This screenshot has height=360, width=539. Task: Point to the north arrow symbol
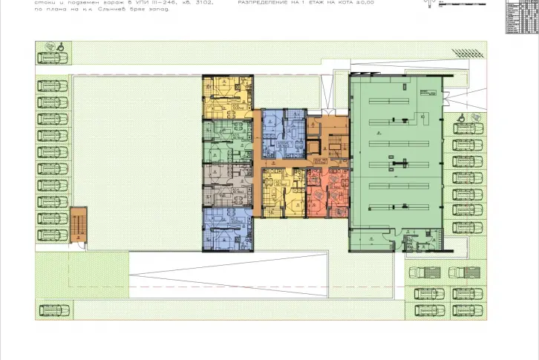point(428,4)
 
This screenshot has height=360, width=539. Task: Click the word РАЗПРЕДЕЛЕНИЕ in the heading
point(264,4)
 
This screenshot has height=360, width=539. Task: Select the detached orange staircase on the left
point(78,225)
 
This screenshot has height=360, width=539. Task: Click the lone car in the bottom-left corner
point(51,307)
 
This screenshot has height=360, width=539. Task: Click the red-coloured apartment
point(327,192)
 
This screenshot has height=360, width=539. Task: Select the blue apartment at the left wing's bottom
point(227,229)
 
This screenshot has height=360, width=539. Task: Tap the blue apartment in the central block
point(283,131)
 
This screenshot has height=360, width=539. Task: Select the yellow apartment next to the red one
point(281,192)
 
